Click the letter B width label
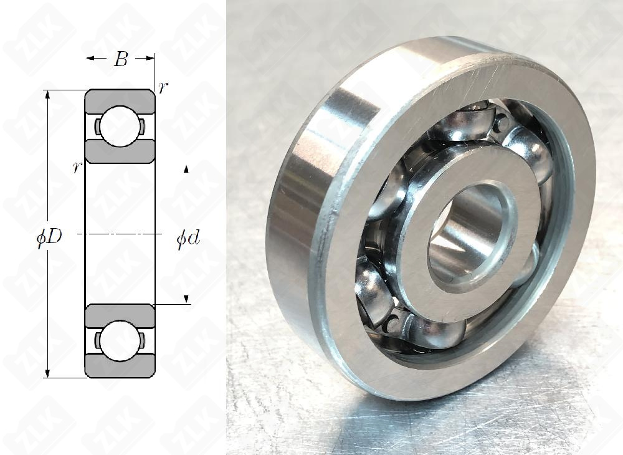click(x=120, y=59)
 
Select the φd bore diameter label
click(x=188, y=239)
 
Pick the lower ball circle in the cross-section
click(x=120, y=341)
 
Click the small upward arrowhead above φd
click(x=186, y=169)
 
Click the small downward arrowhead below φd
click(x=186, y=300)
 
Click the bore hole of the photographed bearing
click(x=470, y=234)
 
